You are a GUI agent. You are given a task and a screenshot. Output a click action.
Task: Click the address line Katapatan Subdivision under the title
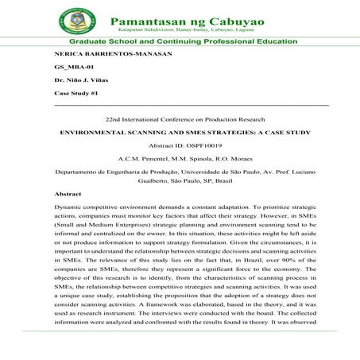point(188,25)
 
